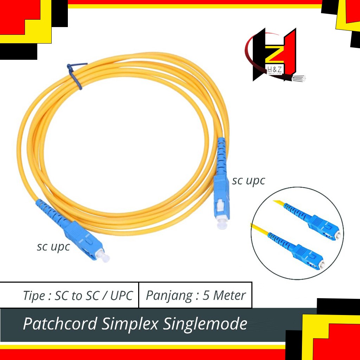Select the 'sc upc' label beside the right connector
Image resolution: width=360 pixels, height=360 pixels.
(x=248, y=181)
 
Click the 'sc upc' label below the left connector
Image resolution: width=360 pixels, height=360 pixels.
(x=53, y=247)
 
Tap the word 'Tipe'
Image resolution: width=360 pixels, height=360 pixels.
(x=34, y=296)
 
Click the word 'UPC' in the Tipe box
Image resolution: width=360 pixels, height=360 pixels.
(x=122, y=296)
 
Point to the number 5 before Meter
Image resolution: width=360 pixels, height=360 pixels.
(x=206, y=295)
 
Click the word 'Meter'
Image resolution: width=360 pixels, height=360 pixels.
(x=230, y=295)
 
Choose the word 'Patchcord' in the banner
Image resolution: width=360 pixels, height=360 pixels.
(x=60, y=324)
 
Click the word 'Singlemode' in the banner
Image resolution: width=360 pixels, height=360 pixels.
(x=205, y=324)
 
